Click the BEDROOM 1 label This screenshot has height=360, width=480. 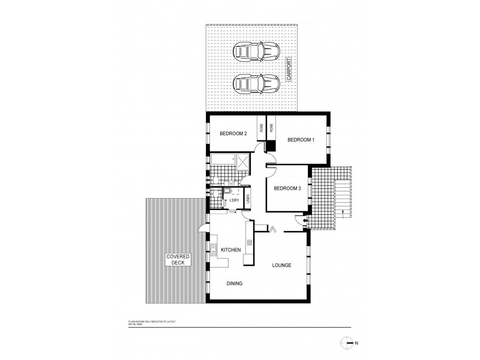pos(301,140)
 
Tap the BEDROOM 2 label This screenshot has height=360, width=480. pos(233,134)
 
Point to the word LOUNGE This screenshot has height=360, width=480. pos(281,265)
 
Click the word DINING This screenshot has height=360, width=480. pos(234,283)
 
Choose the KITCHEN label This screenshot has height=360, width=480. pos(230,250)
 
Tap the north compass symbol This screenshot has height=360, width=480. pos(346,343)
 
